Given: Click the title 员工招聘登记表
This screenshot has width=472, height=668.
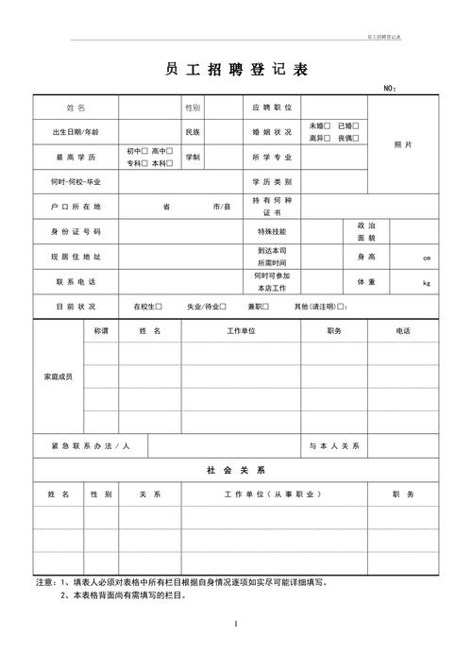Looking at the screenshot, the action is (x=235, y=70).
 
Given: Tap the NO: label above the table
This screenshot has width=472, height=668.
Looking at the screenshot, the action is (x=389, y=89).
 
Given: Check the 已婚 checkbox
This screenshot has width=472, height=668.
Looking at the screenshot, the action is (x=356, y=125).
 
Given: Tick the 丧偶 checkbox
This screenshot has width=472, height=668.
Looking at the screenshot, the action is (x=356, y=138).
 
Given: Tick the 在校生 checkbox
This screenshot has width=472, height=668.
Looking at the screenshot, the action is (x=159, y=307).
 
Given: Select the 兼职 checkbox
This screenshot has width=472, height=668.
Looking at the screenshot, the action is (x=267, y=307).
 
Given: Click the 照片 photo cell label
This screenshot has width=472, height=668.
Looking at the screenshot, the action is (x=402, y=143).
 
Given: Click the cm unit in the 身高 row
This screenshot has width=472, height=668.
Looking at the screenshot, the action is (x=427, y=258).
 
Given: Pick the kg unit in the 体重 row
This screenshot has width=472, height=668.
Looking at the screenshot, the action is (x=427, y=283).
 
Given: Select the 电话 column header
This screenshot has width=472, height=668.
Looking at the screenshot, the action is (x=403, y=330).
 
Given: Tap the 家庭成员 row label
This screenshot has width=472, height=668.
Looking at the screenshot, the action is (x=59, y=376).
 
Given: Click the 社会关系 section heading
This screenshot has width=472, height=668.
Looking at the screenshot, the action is (x=236, y=469).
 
